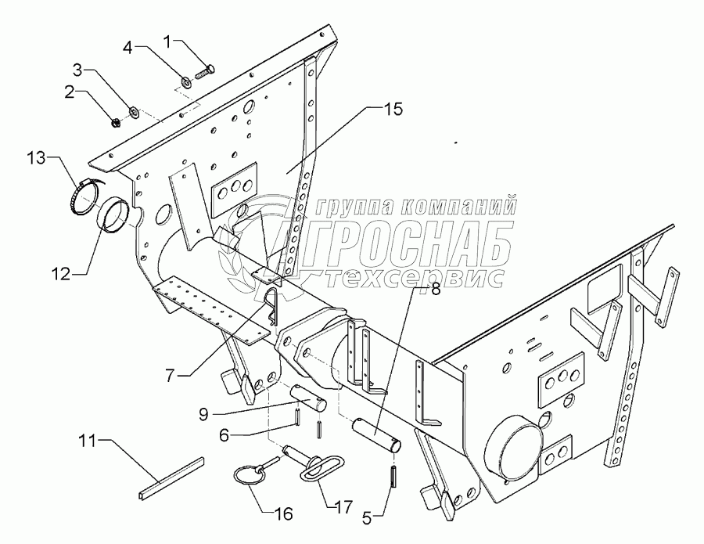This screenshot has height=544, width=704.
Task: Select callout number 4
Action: coord(128,48)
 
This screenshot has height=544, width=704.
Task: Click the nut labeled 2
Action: coord(114,121)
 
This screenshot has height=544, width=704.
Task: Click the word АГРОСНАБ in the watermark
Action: coord(407,239)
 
